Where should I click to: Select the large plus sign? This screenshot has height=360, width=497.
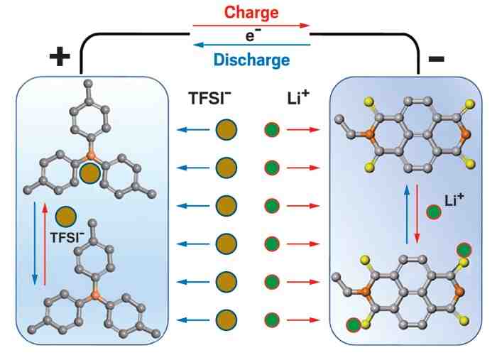coord(60,57)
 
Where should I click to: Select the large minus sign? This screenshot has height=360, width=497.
coord(437,58)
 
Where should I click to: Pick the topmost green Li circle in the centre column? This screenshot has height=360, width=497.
coord(271,130)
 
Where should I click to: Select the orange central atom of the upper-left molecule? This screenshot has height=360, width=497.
coord(91,152)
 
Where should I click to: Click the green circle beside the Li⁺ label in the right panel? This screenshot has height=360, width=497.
coord(434,212)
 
